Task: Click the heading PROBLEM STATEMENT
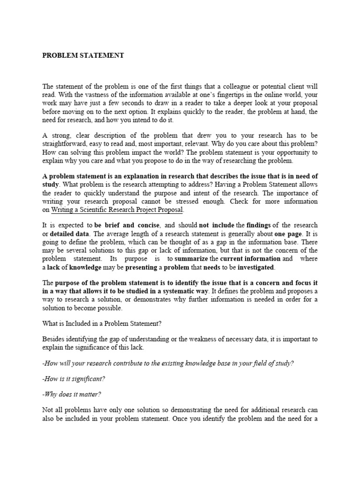(x=83, y=55)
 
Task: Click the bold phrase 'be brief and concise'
(x=127, y=225)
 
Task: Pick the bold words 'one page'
(x=287, y=233)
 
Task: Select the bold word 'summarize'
(x=191, y=259)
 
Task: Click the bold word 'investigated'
(x=256, y=267)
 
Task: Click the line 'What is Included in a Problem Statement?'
(x=107, y=323)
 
